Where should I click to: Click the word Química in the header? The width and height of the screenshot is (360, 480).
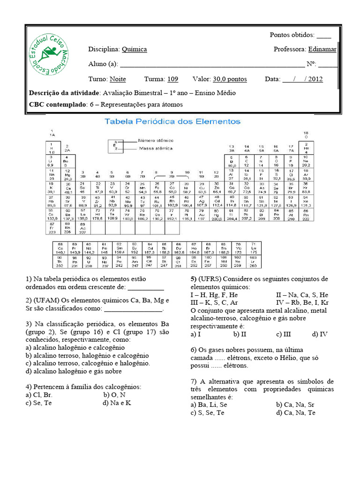point(134,49)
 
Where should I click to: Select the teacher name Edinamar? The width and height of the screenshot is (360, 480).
point(322,49)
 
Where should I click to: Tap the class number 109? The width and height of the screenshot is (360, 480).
point(172,79)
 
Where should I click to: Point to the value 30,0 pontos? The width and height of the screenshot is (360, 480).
point(230,79)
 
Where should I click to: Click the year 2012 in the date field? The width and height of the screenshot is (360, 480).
point(315,79)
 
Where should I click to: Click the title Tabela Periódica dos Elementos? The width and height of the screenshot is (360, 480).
point(172,121)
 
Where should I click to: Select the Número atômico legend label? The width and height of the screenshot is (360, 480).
point(156,140)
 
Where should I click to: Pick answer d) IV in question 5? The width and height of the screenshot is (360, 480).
point(320,334)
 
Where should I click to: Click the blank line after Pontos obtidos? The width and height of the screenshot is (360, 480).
point(323,35)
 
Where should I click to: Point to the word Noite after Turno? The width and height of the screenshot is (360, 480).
point(118,79)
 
